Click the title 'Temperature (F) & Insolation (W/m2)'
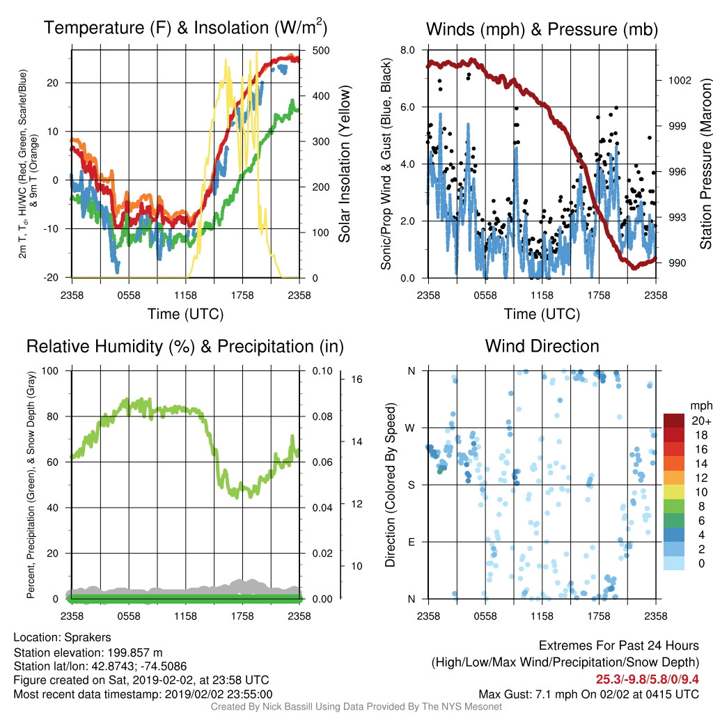click(x=185, y=28)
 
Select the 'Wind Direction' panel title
click(x=542, y=346)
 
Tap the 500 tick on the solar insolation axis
click(x=320, y=50)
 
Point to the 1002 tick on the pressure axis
click(x=680, y=81)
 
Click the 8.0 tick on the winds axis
click(x=407, y=50)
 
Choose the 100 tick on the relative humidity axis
click(x=50, y=370)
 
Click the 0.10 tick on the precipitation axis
click(x=322, y=370)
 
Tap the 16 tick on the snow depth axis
click(x=356, y=379)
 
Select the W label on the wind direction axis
click(x=410, y=428)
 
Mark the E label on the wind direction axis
click(x=412, y=542)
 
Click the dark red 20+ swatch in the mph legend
click(x=674, y=421)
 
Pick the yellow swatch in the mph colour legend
click(x=674, y=492)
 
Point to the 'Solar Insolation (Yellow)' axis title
click(x=344, y=164)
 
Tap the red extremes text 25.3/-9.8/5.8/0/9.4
click(x=648, y=680)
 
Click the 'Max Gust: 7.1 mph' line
click(x=589, y=694)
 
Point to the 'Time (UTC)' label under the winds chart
click(x=542, y=314)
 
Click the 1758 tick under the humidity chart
click(x=242, y=616)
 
